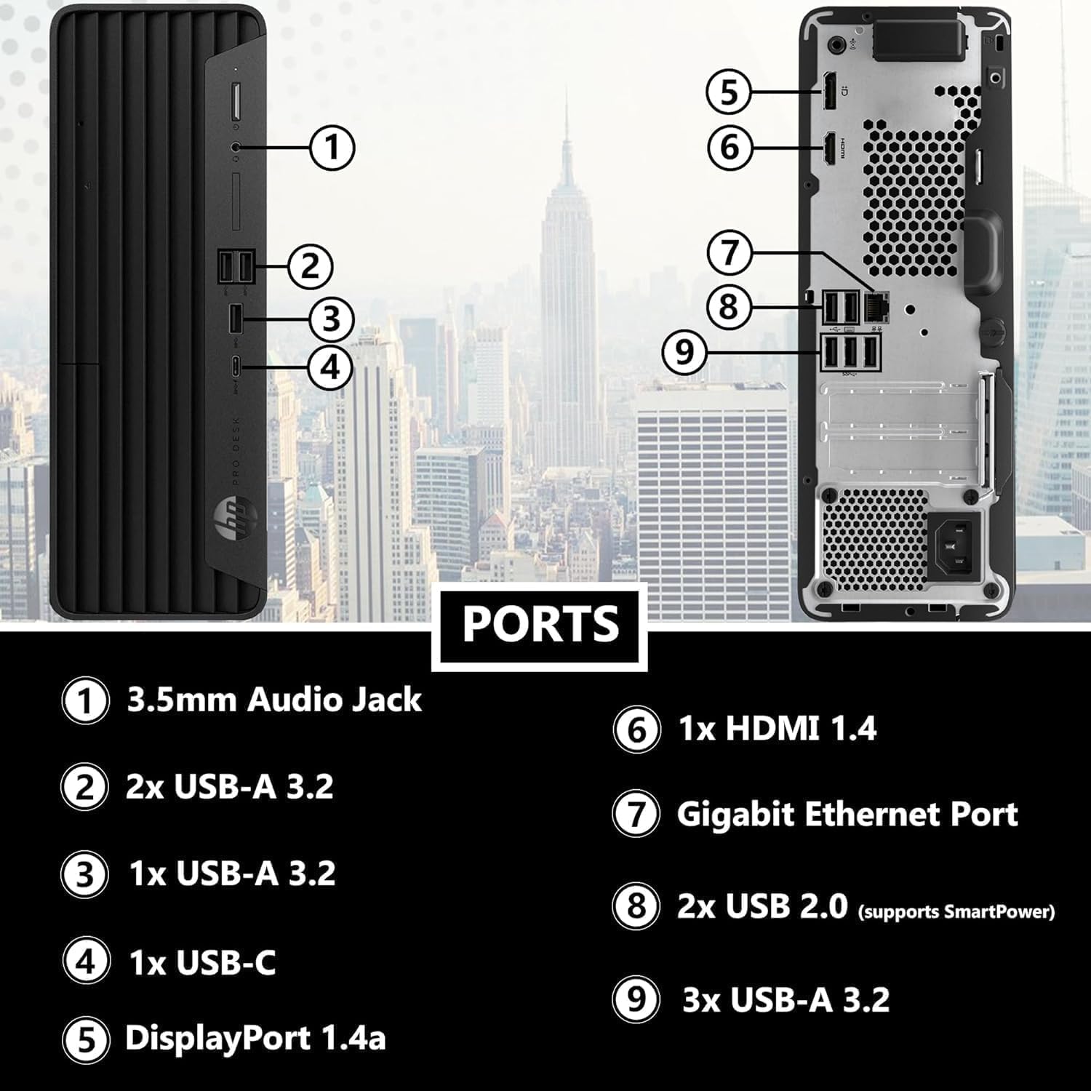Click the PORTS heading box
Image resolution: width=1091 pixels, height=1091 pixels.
pyautogui.click(x=540, y=625)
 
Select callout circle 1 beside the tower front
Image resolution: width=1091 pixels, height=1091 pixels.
pyautogui.click(x=332, y=147)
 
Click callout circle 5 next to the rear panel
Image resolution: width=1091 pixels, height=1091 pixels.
pyautogui.click(x=729, y=92)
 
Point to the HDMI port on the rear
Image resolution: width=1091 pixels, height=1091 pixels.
pyautogui.click(x=828, y=148)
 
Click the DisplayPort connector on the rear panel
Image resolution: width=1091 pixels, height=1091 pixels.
pyautogui.click(x=828, y=92)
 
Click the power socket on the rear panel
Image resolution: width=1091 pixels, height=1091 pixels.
pyautogui.click(x=951, y=543)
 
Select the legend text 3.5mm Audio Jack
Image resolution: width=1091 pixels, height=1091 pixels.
pyautogui.click(x=274, y=700)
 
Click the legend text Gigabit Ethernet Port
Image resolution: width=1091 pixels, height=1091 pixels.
pyautogui.click(x=847, y=814)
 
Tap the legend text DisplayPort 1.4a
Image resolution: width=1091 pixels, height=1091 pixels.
pyautogui.click(x=255, y=1037)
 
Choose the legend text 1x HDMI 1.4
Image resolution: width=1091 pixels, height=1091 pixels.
pyautogui.click(x=777, y=729)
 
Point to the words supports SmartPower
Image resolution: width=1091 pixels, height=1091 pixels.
pyautogui.click(x=956, y=911)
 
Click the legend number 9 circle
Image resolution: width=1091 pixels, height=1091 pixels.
pyautogui.click(x=636, y=999)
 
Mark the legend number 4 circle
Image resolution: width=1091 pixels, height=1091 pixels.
pyautogui.click(x=86, y=962)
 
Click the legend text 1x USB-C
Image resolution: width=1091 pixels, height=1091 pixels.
pyautogui.click(x=202, y=963)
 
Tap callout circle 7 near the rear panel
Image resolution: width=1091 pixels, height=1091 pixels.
pyautogui.click(x=730, y=252)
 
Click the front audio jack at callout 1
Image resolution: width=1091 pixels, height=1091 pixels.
pyautogui.click(x=235, y=146)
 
